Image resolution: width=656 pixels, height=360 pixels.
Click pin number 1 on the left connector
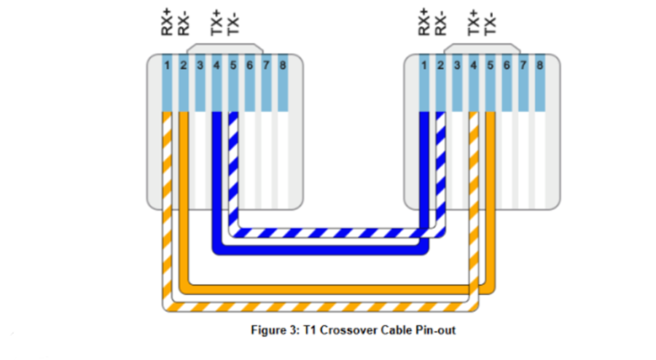click(x=167, y=66)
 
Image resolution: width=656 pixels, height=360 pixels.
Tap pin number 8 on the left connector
click(x=283, y=66)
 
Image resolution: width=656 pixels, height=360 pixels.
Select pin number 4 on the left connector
click(x=216, y=66)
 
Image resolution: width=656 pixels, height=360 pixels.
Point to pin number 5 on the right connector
click(x=490, y=66)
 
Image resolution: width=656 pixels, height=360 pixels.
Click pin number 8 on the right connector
click(x=539, y=66)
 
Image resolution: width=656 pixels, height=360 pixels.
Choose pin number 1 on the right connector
click(x=423, y=66)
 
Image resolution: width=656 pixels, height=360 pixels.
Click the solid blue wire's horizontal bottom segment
click(x=321, y=249)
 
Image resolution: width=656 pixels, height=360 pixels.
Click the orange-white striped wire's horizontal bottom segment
click(x=321, y=307)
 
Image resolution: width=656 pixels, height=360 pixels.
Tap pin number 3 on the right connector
click(x=457, y=66)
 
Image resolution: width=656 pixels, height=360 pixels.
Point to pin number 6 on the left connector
click(x=249, y=66)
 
